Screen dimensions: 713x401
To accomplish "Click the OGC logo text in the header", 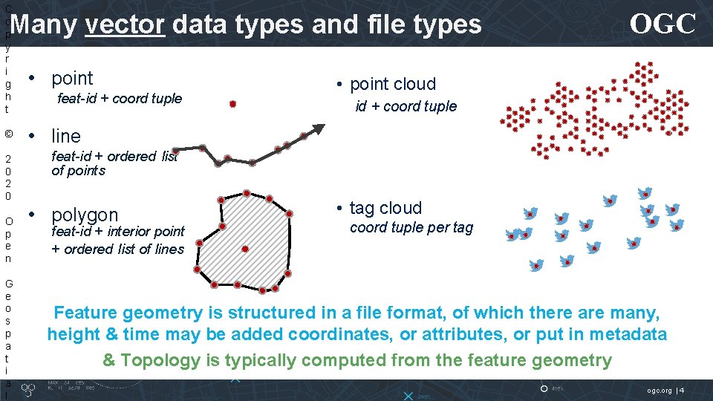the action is (x=662, y=25).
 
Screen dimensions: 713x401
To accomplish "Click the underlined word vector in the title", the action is (x=125, y=25).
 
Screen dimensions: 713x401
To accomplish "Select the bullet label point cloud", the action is (x=393, y=84).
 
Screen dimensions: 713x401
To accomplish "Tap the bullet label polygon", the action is (x=84, y=215).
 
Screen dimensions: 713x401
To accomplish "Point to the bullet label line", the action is (x=65, y=136).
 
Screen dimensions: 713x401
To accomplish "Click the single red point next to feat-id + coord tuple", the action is (x=232, y=105).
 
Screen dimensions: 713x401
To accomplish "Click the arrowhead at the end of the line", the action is (x=317, y=129).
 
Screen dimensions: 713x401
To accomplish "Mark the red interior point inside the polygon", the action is (x=245, y=250).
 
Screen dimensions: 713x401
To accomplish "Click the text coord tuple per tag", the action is (x=411, y=227).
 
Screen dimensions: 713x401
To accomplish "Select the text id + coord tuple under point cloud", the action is (x=406, y=106).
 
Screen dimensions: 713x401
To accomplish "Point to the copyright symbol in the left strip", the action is (x=7, y=134).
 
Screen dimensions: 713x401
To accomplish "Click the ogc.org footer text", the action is (x=658, y=390).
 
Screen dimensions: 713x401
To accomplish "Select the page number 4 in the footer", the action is (x=682, y=390).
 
